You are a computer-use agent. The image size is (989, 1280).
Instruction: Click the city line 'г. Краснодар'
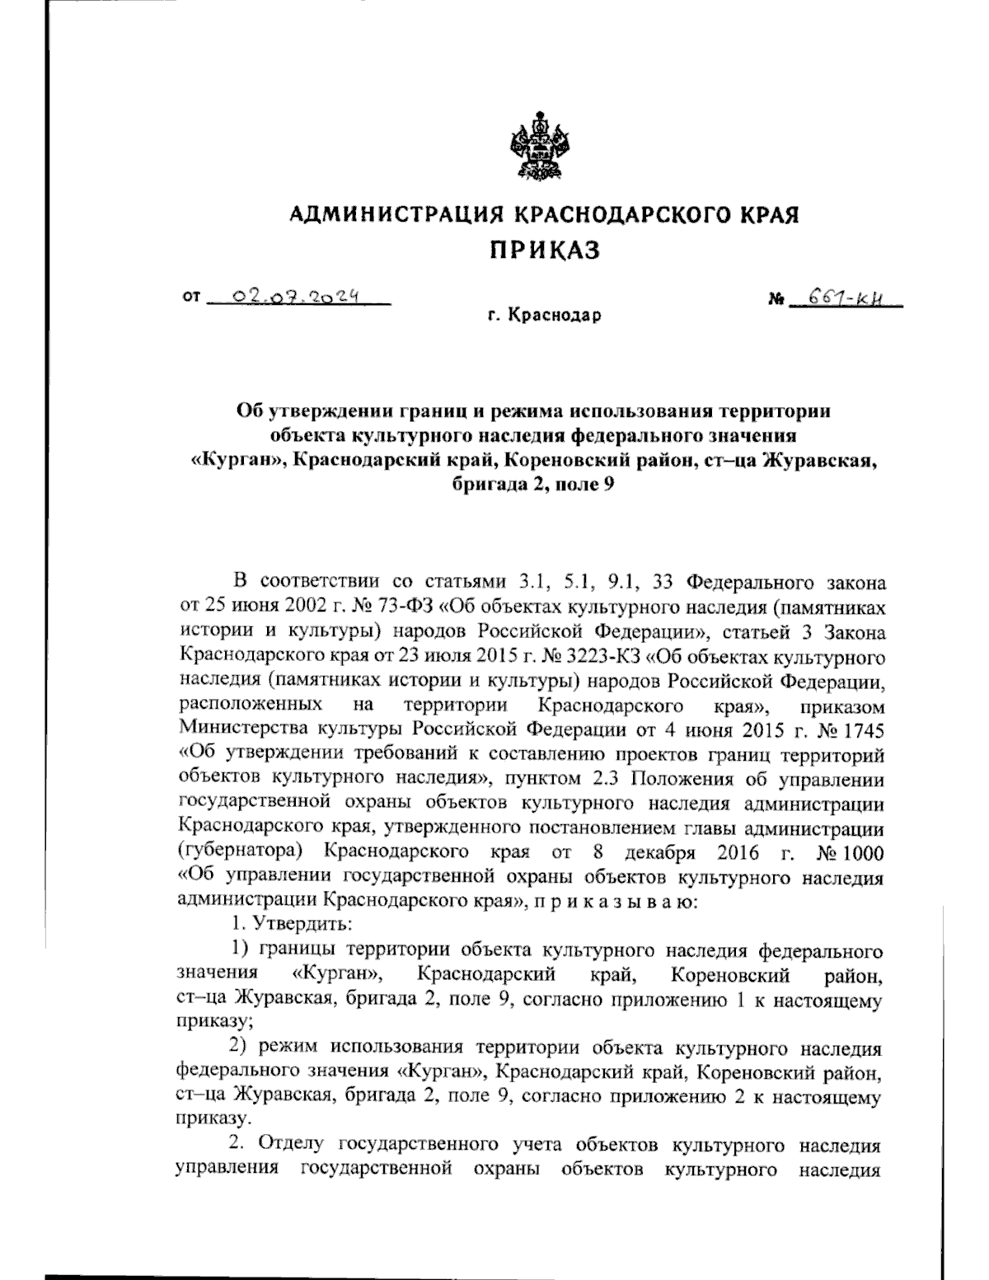(x=544, y=315)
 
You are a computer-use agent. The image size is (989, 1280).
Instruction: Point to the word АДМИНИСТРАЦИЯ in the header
(x=398, y=215)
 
